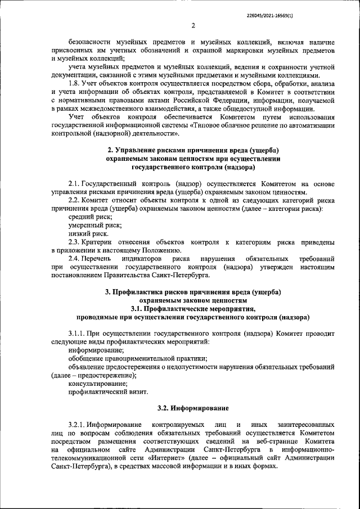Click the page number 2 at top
(192, 25)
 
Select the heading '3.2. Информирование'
(193, 407)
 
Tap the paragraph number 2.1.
(74, 184)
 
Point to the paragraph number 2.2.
(74, 200)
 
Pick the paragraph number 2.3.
(74, 241)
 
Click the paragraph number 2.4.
(74, 258)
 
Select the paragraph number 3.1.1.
(77, 333)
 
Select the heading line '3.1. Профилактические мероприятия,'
(192, 308)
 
